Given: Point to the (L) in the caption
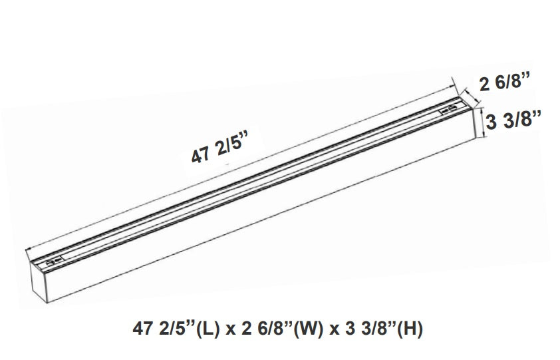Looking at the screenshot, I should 203,329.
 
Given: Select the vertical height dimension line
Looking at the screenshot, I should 484,122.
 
